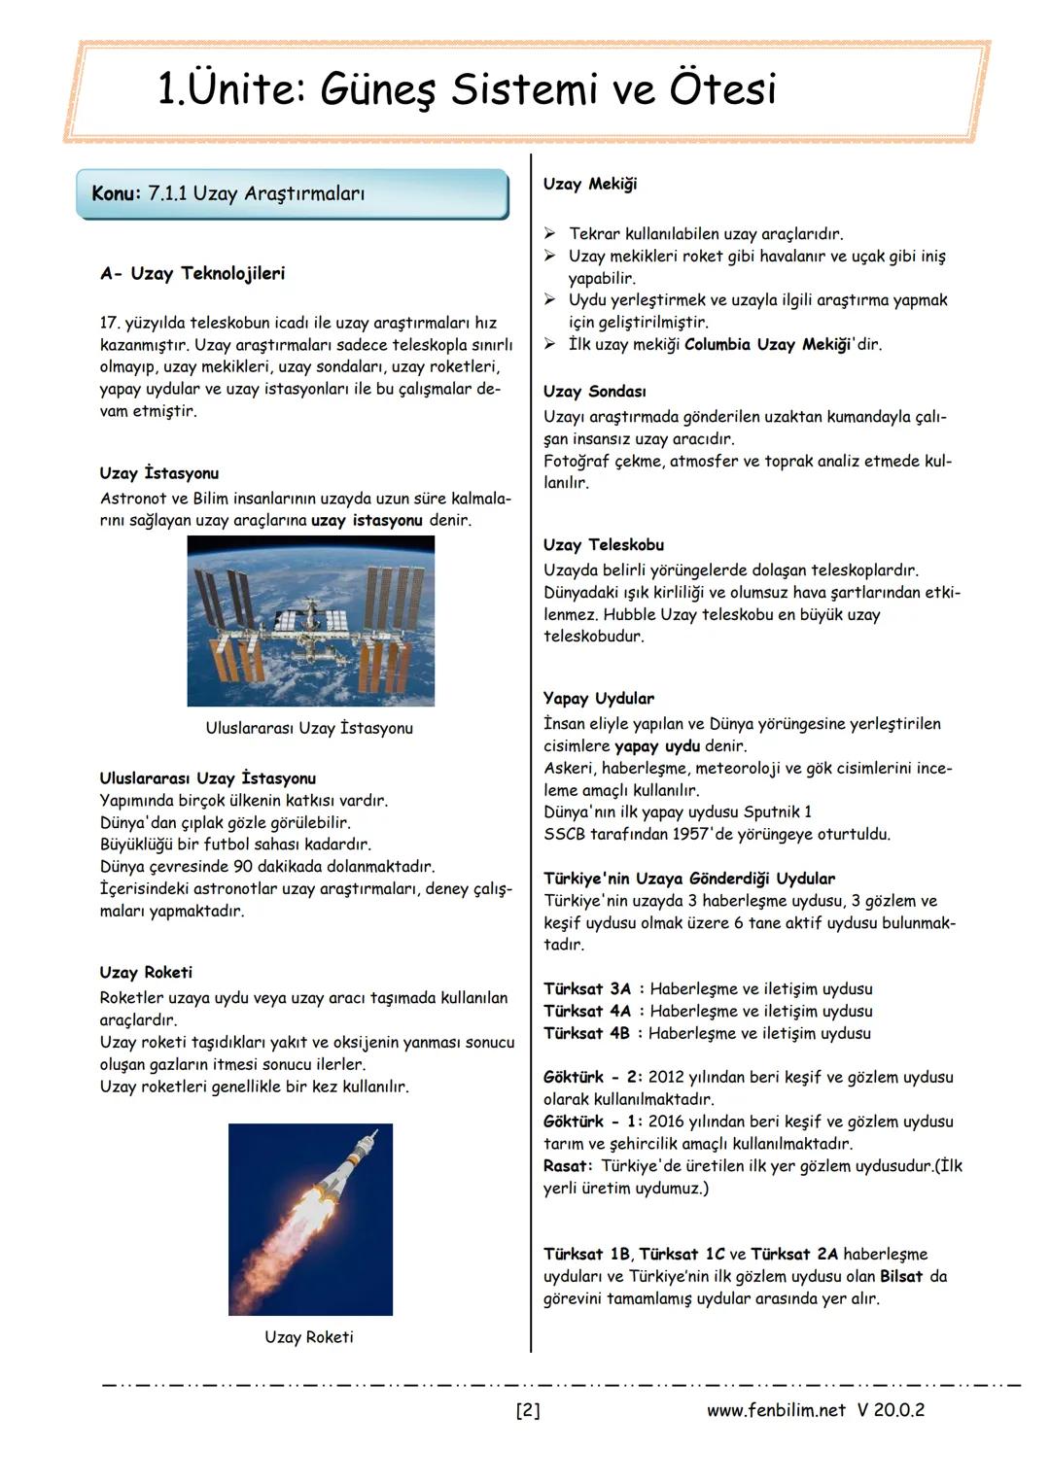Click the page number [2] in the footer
527,1410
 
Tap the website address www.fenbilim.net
775,1410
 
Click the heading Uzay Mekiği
589,184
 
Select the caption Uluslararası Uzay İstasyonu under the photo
309,728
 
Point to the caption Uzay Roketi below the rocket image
309,1337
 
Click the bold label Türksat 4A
587,1011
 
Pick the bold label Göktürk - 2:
592,1077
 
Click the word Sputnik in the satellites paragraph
771,811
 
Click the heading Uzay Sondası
594,391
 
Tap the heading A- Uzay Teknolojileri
192,273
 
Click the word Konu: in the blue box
117,193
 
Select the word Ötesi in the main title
723,89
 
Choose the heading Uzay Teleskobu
603,544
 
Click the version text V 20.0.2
891,1410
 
